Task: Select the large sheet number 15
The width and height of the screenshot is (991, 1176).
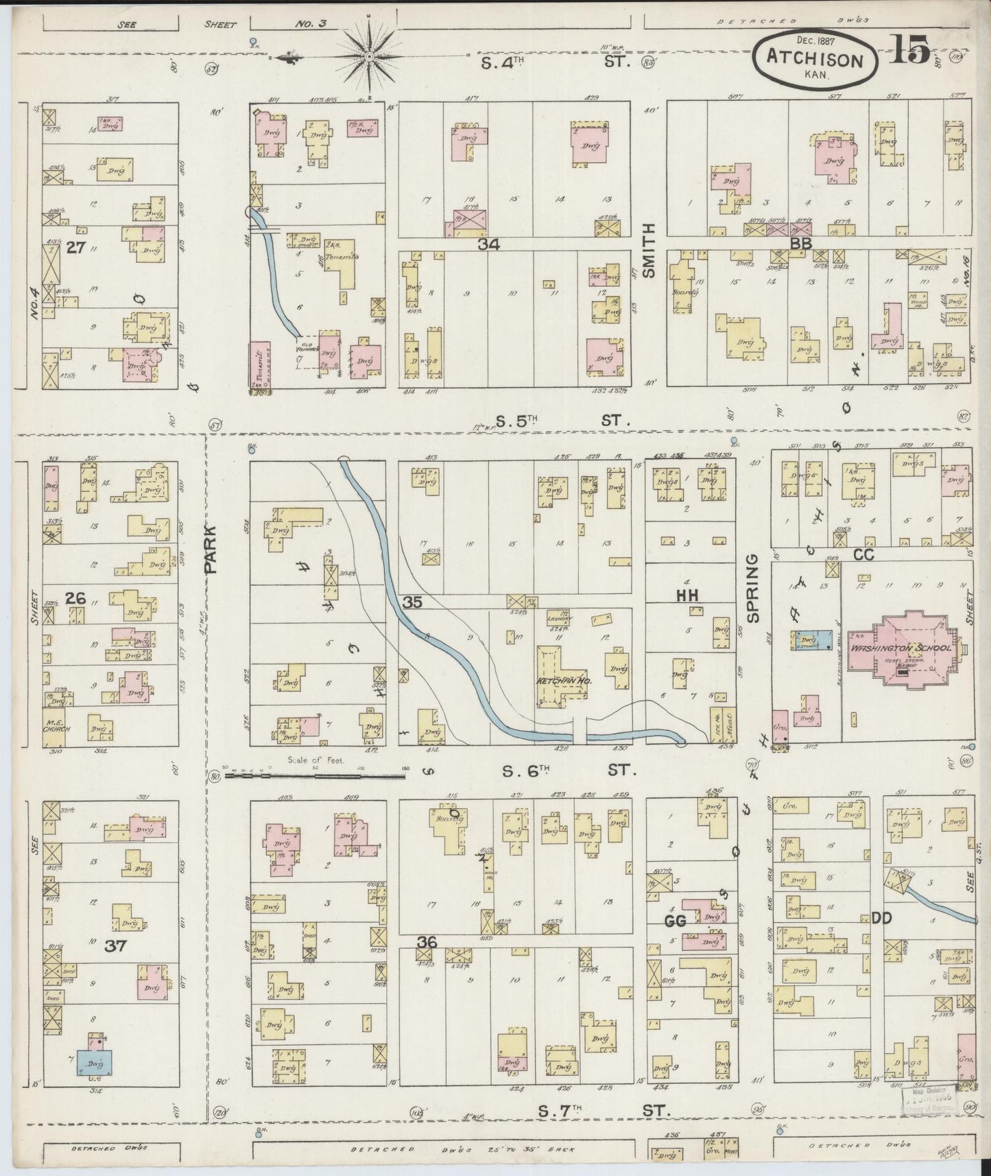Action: point(909,51)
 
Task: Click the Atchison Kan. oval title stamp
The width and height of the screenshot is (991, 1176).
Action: point(814,58)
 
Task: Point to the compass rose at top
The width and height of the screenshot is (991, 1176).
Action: point(370,54)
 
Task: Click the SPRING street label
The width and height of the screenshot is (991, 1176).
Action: point(753,588)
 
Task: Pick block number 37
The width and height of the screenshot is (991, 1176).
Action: point(115,946)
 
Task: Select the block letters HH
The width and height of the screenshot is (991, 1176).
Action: point(687,596)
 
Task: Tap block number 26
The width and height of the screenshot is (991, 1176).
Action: point(75,599)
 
